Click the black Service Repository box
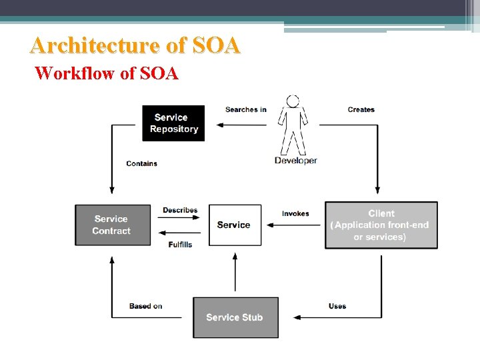[173, 123]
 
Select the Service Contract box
[113, 225]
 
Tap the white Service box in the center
[234, 225]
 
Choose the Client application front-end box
[381, 225]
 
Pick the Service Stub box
[235, 317]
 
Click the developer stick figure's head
[292, 101]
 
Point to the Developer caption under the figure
[296, 161]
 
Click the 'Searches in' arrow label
[246, 109]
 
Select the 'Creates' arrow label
[361, 109]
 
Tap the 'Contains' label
[142, 163]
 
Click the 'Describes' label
[180, 211]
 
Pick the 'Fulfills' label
[180, 245]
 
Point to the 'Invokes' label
[295, 213]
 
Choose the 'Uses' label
[337, 306]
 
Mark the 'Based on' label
[146, 306]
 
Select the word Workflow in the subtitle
[75, 73]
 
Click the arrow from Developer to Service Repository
[240, 124]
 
